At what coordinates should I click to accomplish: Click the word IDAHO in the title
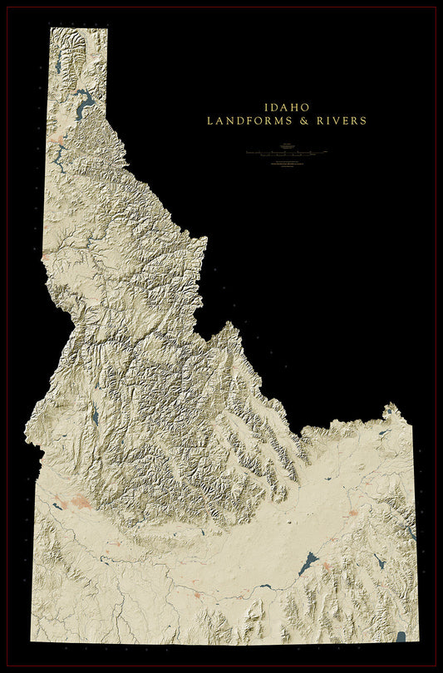click(287, 107)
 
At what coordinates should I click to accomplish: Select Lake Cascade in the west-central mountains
click(95, 417)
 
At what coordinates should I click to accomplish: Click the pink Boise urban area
click(81, 502)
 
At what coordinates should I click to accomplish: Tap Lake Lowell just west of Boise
click(60, 504)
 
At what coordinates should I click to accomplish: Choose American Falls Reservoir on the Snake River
click(308, 564)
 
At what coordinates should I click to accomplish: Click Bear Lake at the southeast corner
click(401, 637)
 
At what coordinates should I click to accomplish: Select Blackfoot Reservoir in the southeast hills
click(379, 561)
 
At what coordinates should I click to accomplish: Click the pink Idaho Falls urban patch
click(352, 513)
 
